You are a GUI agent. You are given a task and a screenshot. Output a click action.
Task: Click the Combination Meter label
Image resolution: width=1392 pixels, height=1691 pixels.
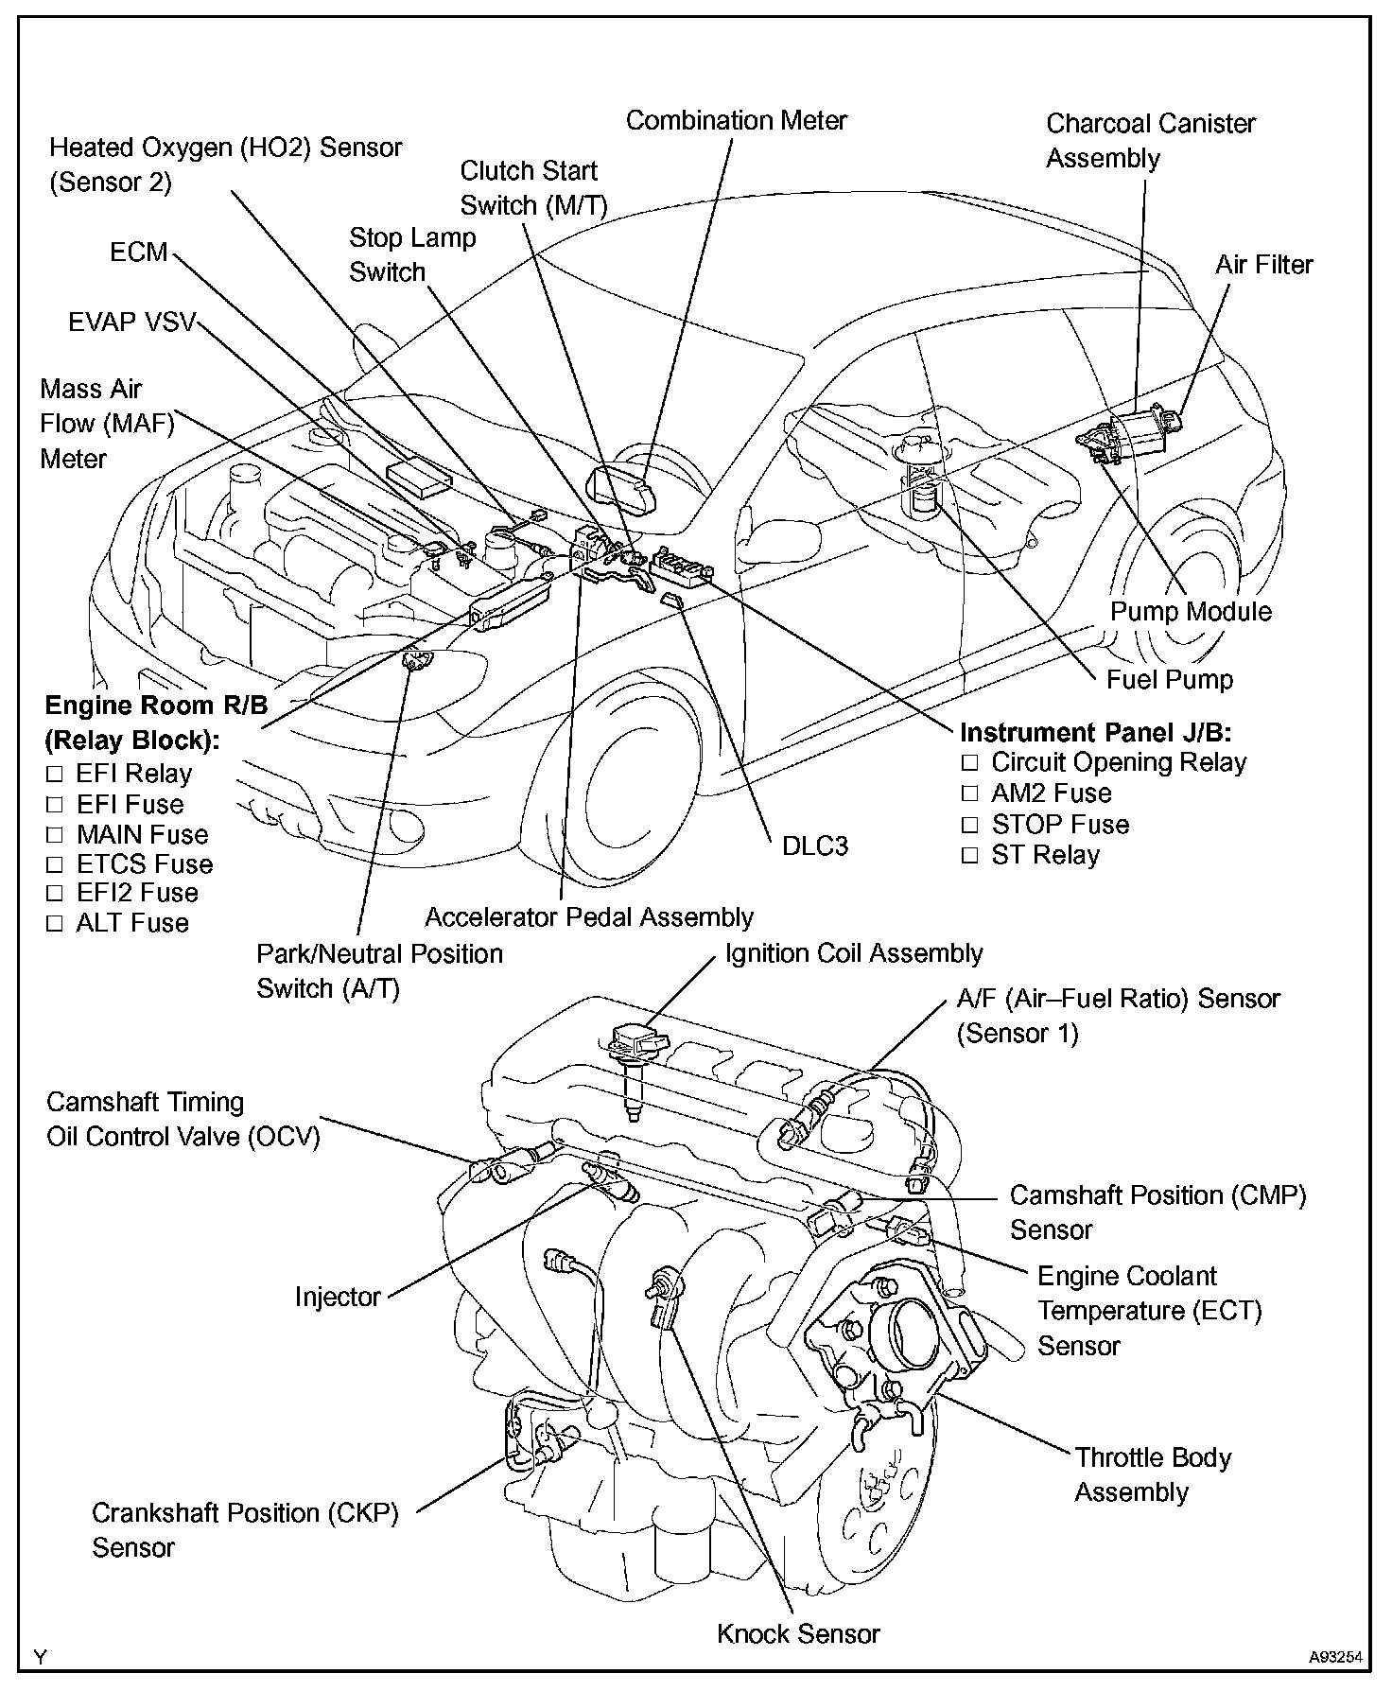(736, 121)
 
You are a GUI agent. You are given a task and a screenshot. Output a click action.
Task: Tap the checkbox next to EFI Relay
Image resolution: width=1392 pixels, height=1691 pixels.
(55, 776)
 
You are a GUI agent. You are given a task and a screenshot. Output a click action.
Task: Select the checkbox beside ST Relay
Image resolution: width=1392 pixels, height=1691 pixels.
(968, 856)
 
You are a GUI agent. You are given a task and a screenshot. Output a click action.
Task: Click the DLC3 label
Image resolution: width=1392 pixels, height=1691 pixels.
(814, 846)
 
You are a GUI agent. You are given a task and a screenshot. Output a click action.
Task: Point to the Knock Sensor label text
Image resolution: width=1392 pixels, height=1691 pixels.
(798, 1633)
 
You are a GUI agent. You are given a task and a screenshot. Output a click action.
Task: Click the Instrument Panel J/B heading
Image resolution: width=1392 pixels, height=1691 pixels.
(1095, 733)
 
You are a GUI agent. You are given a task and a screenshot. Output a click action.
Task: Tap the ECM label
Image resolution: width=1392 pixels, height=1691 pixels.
(138, 253)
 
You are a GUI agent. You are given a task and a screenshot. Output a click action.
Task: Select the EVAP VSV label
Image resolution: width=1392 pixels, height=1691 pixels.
(131, 323)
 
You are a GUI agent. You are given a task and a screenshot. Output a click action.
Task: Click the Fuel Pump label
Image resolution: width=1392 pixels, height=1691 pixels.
(1170, 679)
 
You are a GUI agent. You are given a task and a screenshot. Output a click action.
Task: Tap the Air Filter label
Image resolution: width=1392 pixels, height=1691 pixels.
(1263, 265)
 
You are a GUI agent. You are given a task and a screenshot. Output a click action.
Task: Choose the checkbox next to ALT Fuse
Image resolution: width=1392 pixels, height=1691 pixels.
(55, 924)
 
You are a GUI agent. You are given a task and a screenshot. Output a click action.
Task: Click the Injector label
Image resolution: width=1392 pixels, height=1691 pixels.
(338, 1297)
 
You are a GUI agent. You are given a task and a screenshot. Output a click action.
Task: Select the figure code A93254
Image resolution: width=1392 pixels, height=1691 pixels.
(1335, 1657)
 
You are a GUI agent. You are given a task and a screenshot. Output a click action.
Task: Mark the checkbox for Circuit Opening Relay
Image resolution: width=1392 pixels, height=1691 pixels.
(968, 763)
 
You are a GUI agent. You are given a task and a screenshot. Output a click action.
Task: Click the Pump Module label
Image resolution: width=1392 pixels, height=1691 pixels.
(1190, 612)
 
